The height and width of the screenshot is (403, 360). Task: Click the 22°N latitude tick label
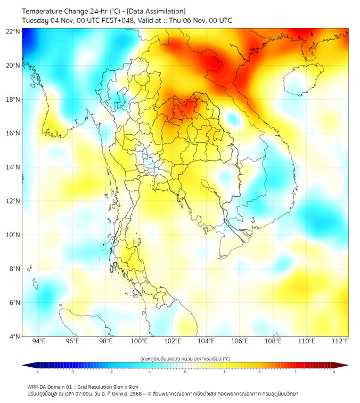click(x=13, y=31)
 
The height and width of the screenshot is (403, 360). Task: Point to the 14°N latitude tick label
click(x=13, y=167)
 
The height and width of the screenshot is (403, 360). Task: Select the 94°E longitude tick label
click(x=39, y=341)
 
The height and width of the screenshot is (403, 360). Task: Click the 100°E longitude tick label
click(x=140, y=341)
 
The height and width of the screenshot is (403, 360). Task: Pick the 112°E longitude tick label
click(x=341, y=341)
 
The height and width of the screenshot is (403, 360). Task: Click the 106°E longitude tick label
click(x=240, y=341)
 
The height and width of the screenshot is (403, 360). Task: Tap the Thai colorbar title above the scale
click(x=185, y=358)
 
